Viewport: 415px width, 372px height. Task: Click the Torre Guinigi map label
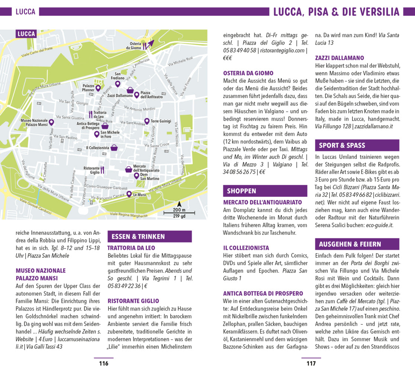coord(161,121)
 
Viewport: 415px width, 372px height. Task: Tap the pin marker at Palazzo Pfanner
coord(98,88)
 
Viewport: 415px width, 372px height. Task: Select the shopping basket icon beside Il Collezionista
coord(115,148)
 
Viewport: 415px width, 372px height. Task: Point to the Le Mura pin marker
coord(129,194)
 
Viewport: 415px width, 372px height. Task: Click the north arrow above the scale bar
coord(179,204)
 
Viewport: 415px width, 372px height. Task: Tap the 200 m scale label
coord(179,211)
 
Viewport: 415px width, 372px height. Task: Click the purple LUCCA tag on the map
coord(26,34)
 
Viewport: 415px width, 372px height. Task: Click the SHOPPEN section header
coord(241,191)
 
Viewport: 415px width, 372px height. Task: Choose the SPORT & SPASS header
coord(342,145)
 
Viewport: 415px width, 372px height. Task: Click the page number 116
coord(103,363)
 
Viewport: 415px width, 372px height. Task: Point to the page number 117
coord(311,363)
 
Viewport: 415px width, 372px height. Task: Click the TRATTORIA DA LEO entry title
coord(131,248)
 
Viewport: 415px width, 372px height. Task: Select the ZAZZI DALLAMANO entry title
coord(340,58)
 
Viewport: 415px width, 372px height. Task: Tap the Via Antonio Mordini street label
coord(139,109)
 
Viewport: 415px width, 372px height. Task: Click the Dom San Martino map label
coord(149,177)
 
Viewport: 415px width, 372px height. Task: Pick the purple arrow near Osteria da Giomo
coord(149,44)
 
